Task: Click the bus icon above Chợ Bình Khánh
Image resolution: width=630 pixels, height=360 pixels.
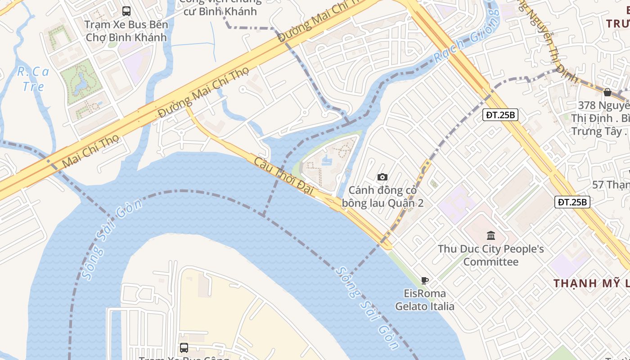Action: point(126,11)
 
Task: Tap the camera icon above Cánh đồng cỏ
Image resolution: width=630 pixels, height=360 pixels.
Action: point(382,177)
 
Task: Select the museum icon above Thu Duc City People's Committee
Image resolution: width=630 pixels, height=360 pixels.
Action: point(491,235)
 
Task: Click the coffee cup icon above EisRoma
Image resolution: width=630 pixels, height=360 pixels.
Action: point(424,281)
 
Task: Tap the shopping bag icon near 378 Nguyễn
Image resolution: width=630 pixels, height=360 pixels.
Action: point(607,92)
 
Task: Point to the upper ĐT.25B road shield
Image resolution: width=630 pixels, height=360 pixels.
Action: point(500,115)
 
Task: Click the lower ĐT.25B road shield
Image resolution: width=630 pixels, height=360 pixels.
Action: point(571,202)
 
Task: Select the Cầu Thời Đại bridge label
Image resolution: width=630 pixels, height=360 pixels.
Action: point(283,176)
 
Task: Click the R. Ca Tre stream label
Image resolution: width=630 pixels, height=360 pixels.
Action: point(33,79)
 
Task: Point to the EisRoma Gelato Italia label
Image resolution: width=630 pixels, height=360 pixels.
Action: point(425,300)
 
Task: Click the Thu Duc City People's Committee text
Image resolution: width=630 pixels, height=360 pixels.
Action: point(491,255)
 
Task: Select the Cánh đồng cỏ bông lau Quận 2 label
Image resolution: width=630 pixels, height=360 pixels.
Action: point(382,197)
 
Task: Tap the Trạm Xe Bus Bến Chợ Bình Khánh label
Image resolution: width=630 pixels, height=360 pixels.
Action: point(126,31)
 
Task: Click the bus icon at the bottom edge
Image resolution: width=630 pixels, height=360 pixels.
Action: point(184,347)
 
